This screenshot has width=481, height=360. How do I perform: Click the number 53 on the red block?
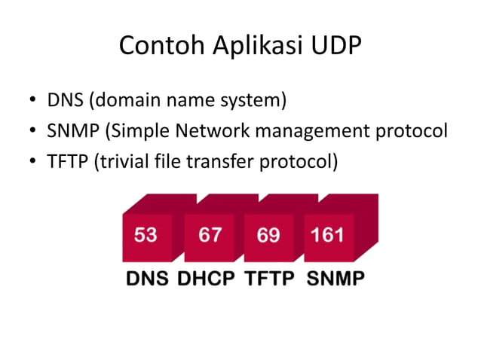click(146, 234)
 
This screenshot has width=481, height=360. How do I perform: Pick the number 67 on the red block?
click(210, 234)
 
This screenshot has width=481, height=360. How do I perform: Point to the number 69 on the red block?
click(268, 234)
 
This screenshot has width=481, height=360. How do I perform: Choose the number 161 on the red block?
click(328, 234)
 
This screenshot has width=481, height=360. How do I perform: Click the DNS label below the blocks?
click(147, 278)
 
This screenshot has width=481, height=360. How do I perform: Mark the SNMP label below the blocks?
click(335, 278)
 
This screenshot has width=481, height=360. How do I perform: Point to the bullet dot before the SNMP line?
click(34, 133)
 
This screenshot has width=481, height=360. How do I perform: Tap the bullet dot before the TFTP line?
click(34, 163)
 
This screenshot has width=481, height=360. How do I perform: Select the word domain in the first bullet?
click(126, 100)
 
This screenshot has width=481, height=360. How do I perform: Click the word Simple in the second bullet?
click(139, 131)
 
